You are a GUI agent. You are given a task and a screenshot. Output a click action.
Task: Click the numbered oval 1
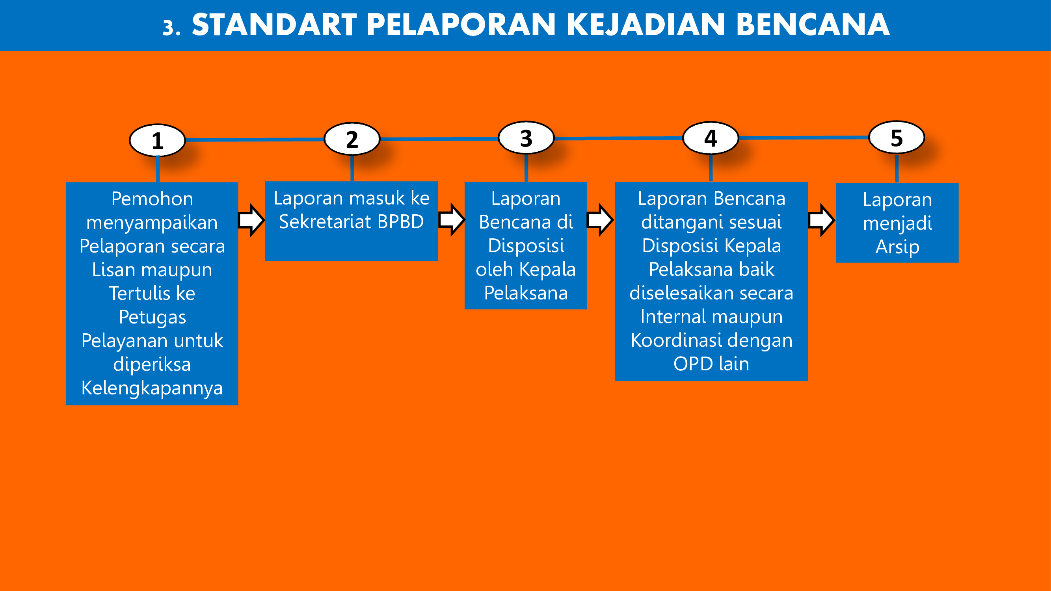158,140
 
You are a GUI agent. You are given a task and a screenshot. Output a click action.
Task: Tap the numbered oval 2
352,139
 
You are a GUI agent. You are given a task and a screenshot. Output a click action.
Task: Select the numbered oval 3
526,138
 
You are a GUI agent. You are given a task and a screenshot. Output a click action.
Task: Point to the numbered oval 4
711,138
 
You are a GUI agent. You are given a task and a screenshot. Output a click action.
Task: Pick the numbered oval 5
897,138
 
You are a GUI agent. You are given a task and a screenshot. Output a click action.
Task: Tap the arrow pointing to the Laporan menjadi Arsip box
822,220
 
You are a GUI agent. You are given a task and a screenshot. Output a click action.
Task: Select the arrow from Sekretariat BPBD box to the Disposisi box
452,220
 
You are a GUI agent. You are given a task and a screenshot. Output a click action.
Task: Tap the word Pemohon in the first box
152,199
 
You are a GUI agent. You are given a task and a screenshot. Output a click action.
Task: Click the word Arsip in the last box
897,247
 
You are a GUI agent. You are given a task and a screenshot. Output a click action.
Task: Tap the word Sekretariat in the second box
325,222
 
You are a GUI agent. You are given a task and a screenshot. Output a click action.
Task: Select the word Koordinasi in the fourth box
675,340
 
